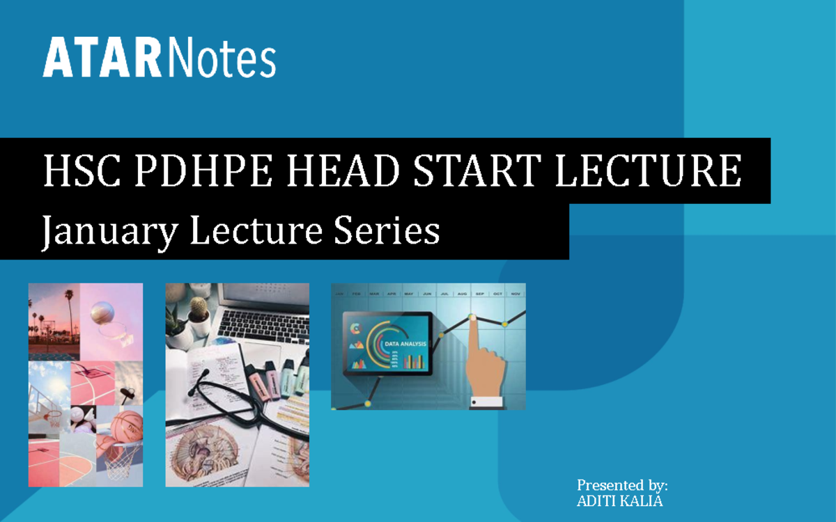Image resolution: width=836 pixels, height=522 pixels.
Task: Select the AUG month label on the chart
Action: pos(462,294)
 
